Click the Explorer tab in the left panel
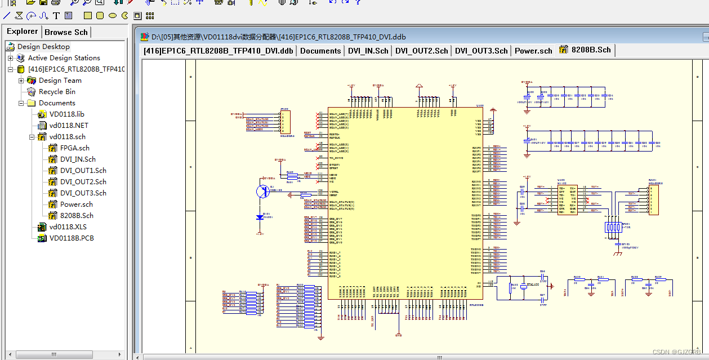[23, 32]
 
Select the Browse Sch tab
[66, 33]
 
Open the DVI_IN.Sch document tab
[368, 51]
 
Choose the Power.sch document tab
[533, 51]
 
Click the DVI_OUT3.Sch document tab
[481, 51]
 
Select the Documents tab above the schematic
[320, 51]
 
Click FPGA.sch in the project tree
[74, 148]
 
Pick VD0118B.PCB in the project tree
[71, 238]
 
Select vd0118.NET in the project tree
[68, 126]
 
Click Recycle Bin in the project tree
[56, 92]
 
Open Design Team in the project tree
[60, 81]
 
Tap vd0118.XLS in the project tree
[68, 227]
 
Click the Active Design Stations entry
[64, 58]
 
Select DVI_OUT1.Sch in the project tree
[83, 171]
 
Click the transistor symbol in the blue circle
[263, 191]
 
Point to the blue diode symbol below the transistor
[260, 217]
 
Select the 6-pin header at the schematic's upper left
[286, 122]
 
